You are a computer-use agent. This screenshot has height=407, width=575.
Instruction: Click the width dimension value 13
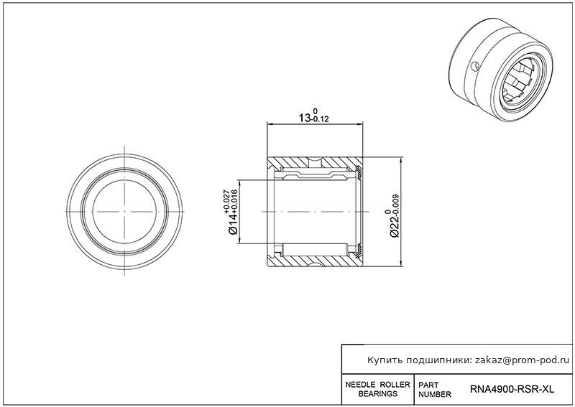coord(304,118)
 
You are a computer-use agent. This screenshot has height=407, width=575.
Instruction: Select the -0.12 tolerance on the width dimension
coord(320,119)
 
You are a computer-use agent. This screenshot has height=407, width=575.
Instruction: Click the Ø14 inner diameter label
coord(233,224)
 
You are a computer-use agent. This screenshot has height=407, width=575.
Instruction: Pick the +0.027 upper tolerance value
coord(226,202)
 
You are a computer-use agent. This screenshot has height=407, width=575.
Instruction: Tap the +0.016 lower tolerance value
coord(234,202)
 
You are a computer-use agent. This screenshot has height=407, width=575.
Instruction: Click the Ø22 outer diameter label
coord(395,228)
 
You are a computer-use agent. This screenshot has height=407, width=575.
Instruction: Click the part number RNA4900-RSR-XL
coord(512,389)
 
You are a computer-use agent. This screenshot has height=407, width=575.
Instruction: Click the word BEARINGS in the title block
coord(378,394)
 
